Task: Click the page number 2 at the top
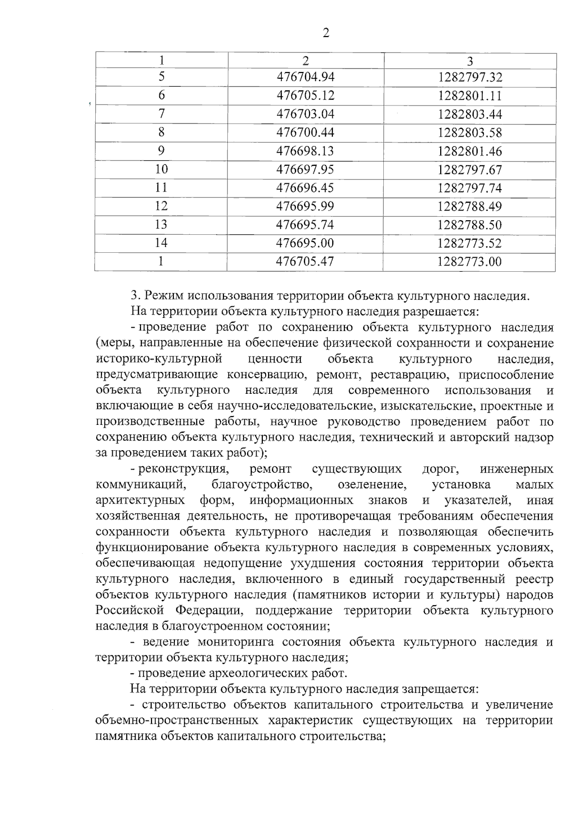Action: point(326,33)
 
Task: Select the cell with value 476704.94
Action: point(306,77)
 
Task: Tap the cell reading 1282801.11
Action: point(469,96)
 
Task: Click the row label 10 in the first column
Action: point(161,169)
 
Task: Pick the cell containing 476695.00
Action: point(305,243)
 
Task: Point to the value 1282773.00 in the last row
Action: point(469,262)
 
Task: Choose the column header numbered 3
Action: point(470,61)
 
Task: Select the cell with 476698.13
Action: point(305,151)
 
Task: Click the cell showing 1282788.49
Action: point(469,207)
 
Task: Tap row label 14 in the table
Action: point(161,243)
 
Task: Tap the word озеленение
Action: point(372,484)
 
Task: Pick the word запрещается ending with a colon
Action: point(440,689)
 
